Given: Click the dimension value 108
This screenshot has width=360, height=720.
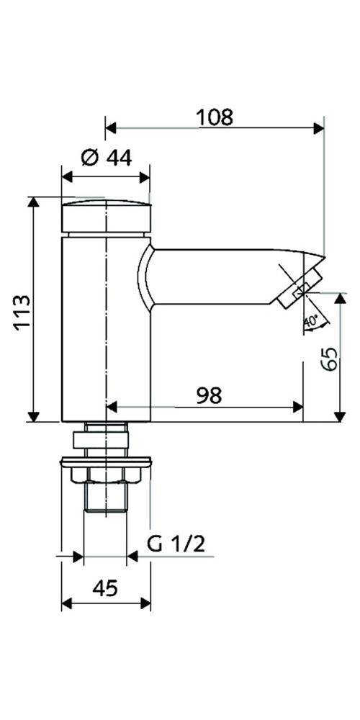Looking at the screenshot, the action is coord(215,117).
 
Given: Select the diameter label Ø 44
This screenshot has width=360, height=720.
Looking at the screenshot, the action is coord(106,158).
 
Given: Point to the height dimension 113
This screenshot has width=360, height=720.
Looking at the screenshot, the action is coord(22,312).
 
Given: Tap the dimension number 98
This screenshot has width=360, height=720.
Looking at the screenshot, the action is coord(209,395).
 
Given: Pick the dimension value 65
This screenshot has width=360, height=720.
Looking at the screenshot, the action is coord(330,359).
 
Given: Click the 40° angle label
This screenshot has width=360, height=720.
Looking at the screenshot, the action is coord(311,322).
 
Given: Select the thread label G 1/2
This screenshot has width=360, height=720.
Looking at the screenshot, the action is coord(176,544).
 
